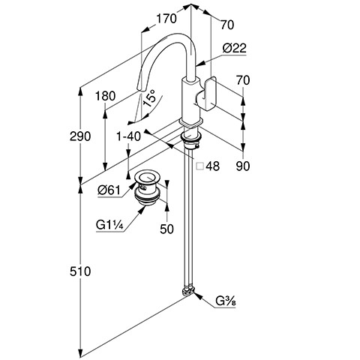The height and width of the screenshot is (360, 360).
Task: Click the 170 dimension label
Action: (x=166, y=19)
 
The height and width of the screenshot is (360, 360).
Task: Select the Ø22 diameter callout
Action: (x=235, y=48)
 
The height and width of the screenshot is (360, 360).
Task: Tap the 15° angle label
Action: (x=149, y=99)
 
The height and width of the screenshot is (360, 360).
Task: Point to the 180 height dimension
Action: (x=105, y=96)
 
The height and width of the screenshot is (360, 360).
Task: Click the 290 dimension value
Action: (x=80, y=136)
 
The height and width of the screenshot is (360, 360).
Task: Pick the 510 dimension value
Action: (x=80, y=271)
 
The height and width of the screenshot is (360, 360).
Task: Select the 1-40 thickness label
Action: (x=129, y=136)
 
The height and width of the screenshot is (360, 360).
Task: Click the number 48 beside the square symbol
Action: (x=213, y=166)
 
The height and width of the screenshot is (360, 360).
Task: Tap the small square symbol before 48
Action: (x=200, y=166)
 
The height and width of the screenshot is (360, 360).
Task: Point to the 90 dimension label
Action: (x=243, y=166)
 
